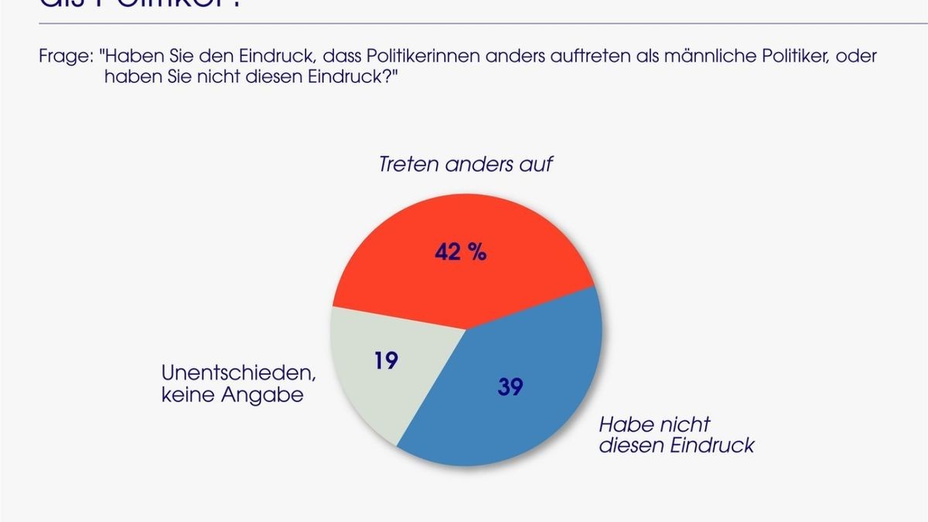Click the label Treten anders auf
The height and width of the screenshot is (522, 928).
(x=466, y=164)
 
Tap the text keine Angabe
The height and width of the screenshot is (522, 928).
(x=232, y=396)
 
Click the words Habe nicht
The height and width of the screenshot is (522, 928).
(x=654, y=424)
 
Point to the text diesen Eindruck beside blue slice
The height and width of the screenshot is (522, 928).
(x=676, y=445)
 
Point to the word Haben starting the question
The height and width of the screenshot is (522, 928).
(x=128, y=57)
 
